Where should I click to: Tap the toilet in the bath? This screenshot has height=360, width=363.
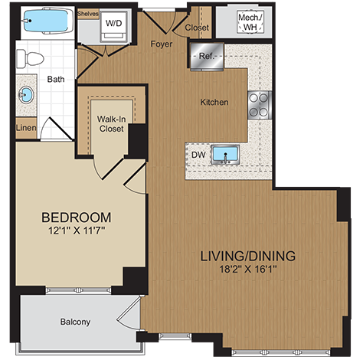[32, 58]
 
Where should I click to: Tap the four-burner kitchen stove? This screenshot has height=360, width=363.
[259, 103]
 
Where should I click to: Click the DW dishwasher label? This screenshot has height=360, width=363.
[197, 155]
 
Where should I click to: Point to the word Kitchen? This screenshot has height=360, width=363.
[214, 102]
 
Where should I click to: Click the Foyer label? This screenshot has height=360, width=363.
[161, 44]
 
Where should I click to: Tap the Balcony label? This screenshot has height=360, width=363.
[75, 321]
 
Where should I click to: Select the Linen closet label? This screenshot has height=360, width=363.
[25, 127]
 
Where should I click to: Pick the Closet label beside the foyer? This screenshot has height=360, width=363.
[196, 28]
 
